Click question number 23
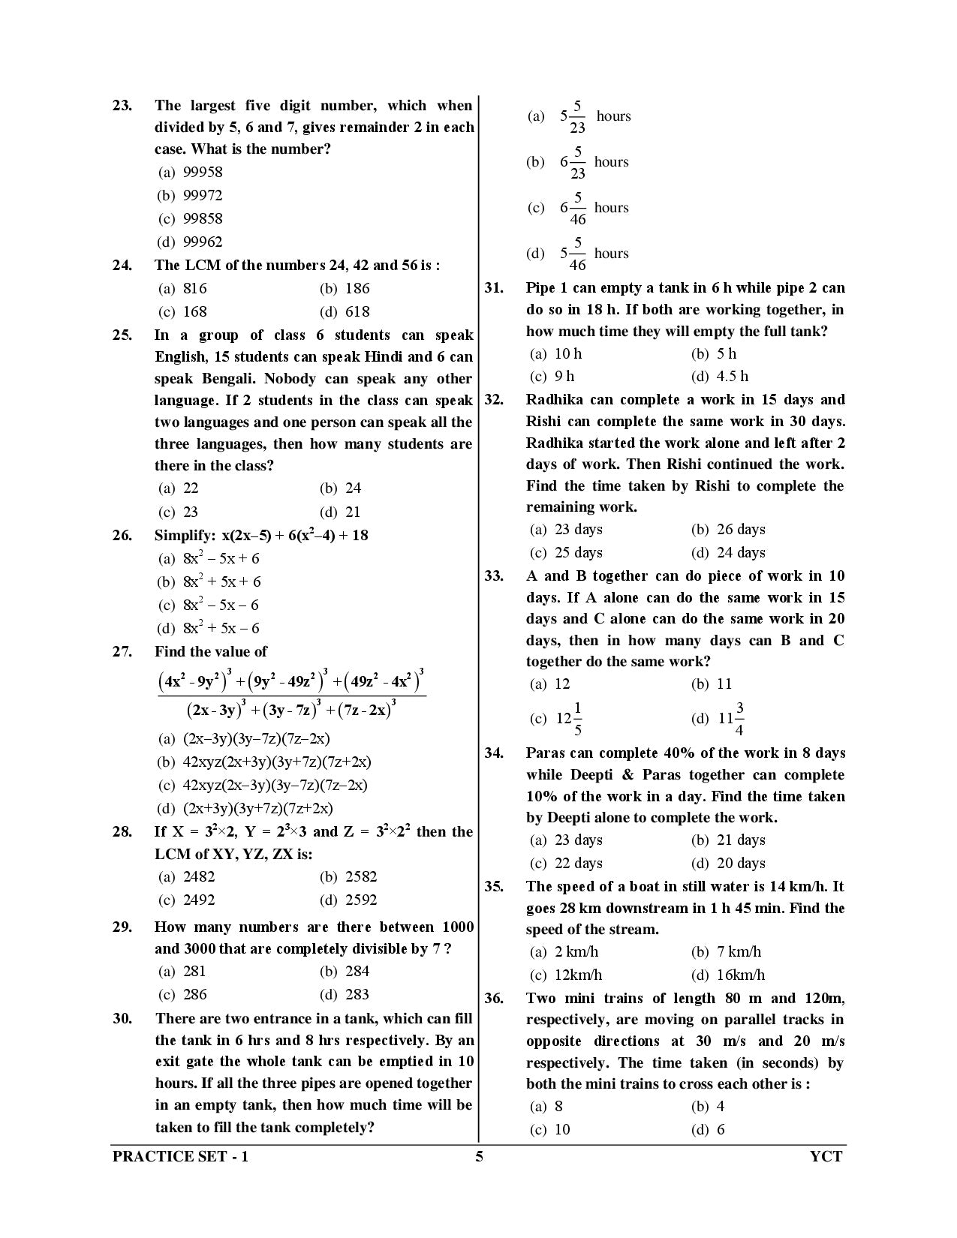[122, 106]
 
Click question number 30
[122, 1018]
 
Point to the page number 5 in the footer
[479, 1156]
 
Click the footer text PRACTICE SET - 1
[180, 1156]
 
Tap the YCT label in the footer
[826, 1156]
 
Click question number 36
[494, 998]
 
